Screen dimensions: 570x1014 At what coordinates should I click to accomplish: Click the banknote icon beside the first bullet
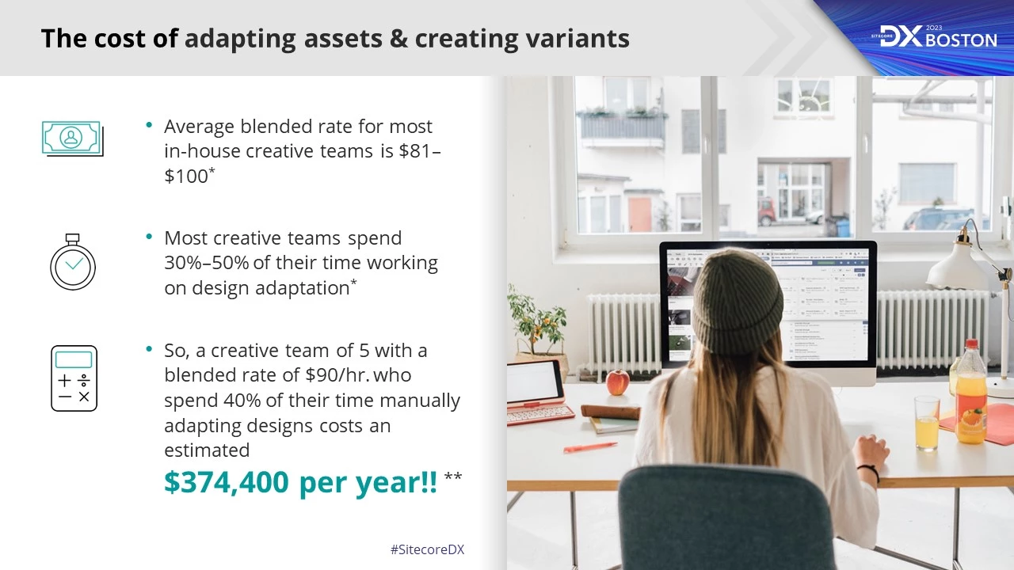(72, 139)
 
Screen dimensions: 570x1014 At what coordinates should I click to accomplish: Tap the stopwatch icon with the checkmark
(73, 264)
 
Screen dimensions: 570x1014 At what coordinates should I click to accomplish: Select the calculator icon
(74, 378)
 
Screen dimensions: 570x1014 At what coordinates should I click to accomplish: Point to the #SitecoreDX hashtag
(427, 549)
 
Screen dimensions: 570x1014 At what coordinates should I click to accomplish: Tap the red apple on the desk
(617, 382)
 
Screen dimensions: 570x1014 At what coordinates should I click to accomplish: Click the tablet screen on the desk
(535, 382)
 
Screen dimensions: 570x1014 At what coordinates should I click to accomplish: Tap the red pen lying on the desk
(589, 447)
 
